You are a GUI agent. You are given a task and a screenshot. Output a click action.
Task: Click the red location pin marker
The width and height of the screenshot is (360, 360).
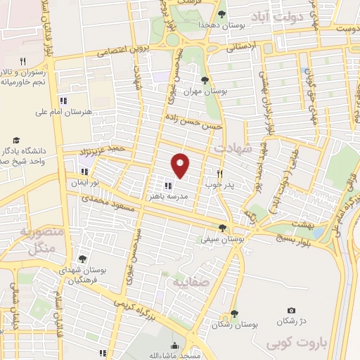181,165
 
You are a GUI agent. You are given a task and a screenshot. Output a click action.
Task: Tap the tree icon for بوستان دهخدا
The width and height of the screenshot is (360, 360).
222,14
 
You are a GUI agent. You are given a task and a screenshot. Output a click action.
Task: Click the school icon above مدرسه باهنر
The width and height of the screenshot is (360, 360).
167,186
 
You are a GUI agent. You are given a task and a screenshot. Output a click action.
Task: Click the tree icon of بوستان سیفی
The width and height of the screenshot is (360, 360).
223,227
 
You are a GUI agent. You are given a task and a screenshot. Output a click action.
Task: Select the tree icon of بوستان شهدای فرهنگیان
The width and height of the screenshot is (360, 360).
83,259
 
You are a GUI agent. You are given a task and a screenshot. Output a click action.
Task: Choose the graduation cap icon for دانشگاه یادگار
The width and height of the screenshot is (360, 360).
15,139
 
